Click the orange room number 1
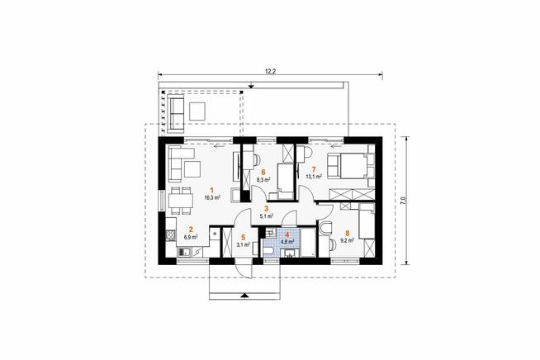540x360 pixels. [x=212, y=189]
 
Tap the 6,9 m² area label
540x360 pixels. [x=191, y=237]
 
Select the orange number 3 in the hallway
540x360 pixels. [x=266, y=208]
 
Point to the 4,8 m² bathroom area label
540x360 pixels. [x=287, y=242]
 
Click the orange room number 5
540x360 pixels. [x=244, y=237]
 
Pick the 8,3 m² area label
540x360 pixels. [x=263, y=179]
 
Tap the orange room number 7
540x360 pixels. [x=314, y=169]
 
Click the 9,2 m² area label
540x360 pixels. [x=347, y=241]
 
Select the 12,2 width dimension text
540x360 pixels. [x=271, y=71]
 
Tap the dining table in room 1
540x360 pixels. [x=181, y=201]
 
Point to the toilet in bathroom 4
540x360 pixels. [x=268, y=251]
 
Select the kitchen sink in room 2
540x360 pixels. [x=184, y=253]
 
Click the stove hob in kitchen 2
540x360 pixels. [x=170, y=235]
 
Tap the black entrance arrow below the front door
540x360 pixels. [x=244, y=296]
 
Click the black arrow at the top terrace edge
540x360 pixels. [x=252, y=85]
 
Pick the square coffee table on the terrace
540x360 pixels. [x=197, y=111]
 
